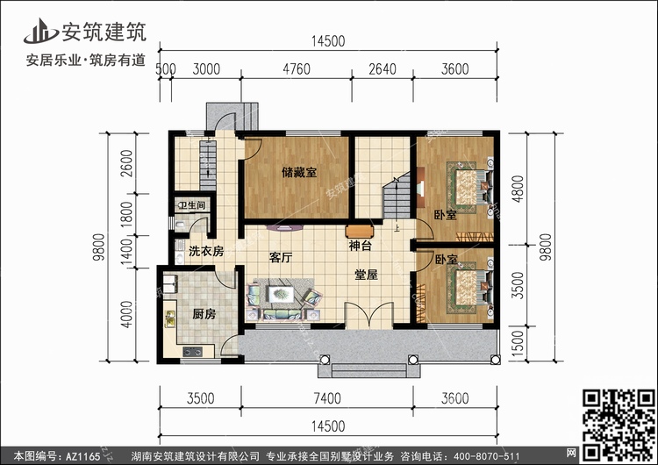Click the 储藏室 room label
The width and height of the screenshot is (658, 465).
coord(299,172)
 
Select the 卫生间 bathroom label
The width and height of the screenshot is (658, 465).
coord(192,206)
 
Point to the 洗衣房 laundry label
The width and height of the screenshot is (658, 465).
coord(205,251)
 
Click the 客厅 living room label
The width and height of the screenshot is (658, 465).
coord(280,258)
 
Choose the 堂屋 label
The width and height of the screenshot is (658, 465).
coord(366,275)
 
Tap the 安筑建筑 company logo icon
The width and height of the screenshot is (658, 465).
coord(39,30)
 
